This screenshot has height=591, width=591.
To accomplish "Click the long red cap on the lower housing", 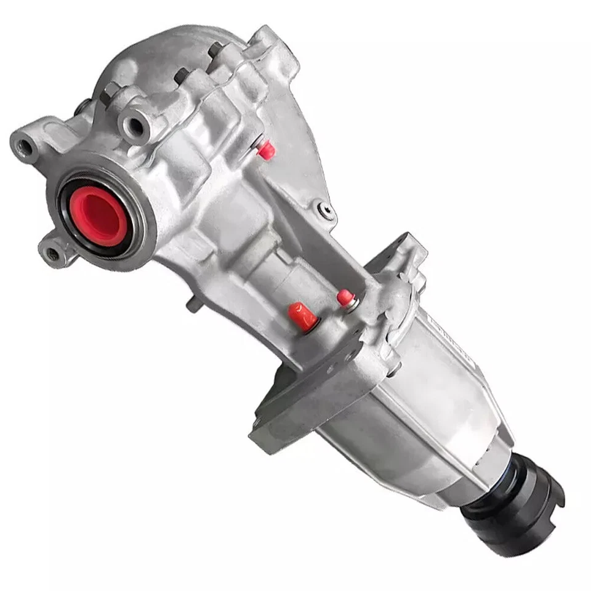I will (x=303, y=316).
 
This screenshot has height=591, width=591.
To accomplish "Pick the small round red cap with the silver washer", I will (x=345, y=299).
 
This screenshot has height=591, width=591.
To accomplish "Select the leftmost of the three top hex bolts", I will (x=111, y=92).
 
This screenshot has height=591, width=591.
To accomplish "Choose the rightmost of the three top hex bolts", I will (x=215, y=49).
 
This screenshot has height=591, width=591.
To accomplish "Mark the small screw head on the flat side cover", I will (x=328, y=211).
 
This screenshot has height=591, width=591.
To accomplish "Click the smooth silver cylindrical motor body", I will (x=419, y=419).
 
